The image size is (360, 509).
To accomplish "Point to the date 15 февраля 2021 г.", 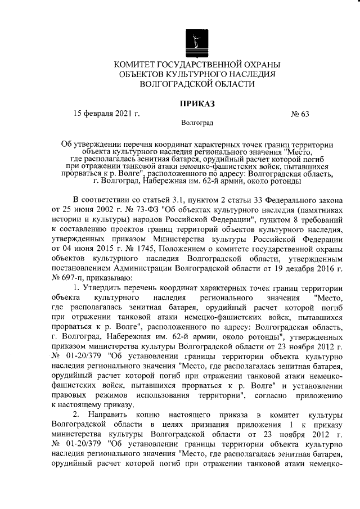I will click(x=107, y=114).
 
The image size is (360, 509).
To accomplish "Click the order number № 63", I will click(x=300, y=114).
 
